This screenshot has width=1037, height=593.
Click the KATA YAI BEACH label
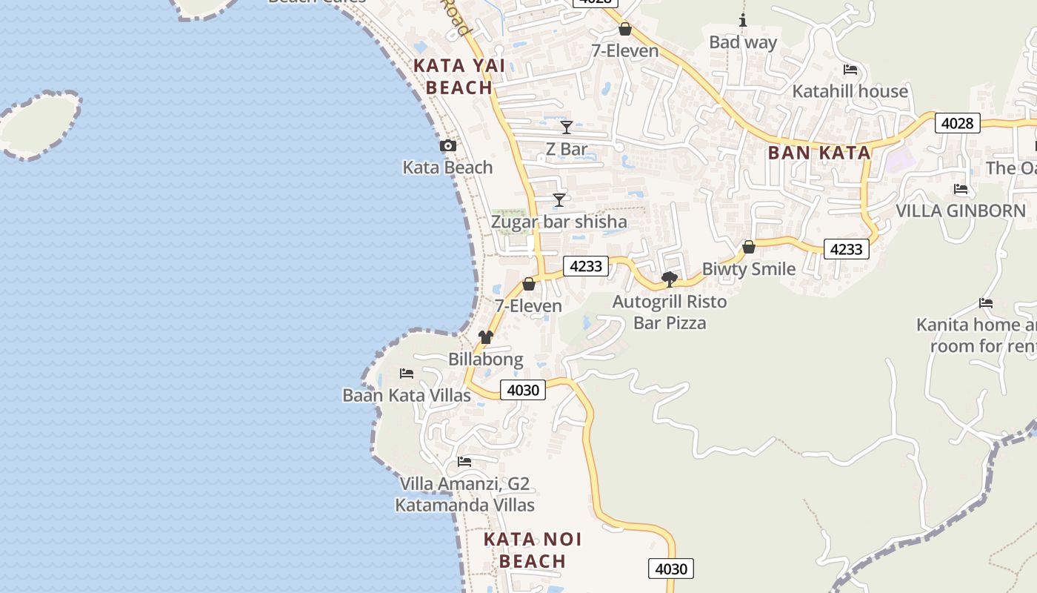459,76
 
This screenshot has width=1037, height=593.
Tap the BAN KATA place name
818,153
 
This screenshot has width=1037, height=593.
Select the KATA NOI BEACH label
533,550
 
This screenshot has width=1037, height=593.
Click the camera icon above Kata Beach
448,146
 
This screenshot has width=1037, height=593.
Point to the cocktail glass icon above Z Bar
567,127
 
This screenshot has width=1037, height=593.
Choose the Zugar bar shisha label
559,222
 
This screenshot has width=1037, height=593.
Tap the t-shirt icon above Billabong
485,337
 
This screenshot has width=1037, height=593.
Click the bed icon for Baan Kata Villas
406,373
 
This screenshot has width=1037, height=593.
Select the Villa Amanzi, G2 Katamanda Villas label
464,494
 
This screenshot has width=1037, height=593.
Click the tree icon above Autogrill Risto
670,279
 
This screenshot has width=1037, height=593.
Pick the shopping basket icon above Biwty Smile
749,247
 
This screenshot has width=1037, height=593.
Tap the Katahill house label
850,91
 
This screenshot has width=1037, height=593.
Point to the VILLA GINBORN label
961,211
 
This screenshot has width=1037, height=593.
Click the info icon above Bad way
743,20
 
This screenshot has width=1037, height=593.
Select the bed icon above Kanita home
986,302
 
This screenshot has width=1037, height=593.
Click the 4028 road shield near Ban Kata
957,123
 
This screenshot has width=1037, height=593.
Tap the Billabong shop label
485,360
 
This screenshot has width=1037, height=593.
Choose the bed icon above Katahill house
850,70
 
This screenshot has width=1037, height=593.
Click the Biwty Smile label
749,268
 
